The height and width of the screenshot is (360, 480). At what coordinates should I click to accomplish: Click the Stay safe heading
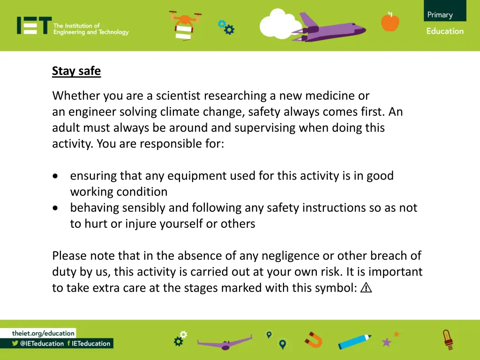pos(76,71)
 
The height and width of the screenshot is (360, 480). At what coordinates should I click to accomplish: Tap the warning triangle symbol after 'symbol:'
pos(367,288)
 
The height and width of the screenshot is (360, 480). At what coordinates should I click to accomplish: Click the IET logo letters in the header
pos(34,26)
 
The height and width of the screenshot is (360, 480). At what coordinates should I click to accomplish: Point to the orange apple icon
pos(390,22)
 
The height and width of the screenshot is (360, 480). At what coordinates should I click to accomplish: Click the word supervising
pos(262,128)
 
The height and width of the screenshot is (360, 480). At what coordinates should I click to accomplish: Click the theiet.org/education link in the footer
pos(44,333)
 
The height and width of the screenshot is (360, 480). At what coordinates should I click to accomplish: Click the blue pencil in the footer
pos(354,341)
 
